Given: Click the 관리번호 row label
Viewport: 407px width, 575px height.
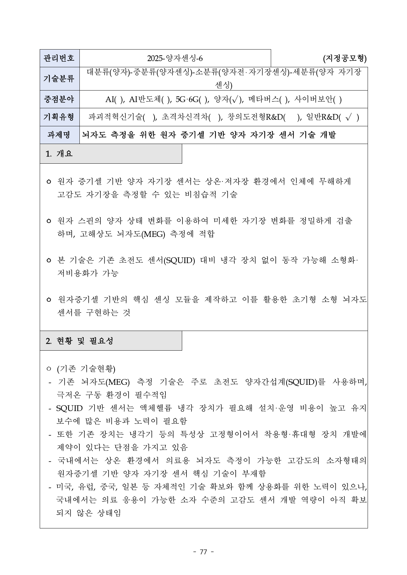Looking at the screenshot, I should point(59,58).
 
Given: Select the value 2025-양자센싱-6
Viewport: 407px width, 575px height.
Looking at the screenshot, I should point(175,58).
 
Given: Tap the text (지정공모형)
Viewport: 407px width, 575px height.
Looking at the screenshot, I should point(345,58).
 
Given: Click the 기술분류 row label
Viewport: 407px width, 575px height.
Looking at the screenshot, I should point(59,79).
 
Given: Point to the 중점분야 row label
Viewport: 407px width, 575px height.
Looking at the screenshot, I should point(59,99).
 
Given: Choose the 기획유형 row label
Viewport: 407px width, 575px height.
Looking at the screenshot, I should point(59,117).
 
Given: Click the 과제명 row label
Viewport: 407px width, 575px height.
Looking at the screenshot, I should point(59,135).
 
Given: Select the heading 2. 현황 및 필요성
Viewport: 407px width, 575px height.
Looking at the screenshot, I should point(80,341).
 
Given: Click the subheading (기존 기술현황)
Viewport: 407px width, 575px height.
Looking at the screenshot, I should point(86,369).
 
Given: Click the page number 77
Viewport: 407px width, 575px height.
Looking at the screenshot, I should point(203,552).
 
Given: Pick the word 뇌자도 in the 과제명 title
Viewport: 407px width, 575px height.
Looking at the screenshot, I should point(94,135).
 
